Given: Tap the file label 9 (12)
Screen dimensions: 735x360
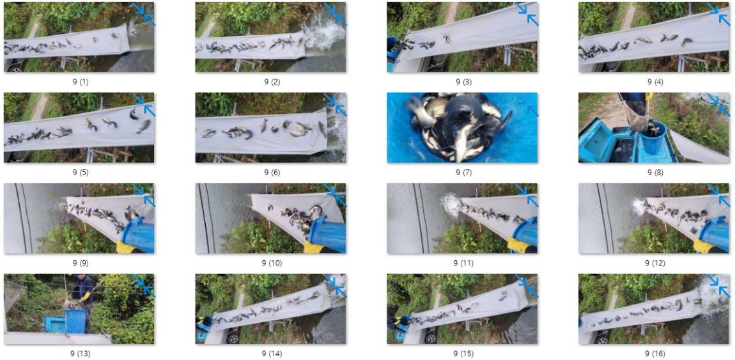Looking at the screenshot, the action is pyautogui.click(x=655, y=263).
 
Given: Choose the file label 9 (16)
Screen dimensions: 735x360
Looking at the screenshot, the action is pyautogui.click(x=655, y=354).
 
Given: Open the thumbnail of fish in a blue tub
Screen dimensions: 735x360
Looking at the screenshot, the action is pyautogui.click(x=462, y=127).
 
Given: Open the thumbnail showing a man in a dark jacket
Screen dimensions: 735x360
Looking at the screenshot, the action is pyautogui.click(x=79, y=309).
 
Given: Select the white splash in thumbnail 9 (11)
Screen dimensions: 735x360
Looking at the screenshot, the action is pyautogui.click(x=451, y=205).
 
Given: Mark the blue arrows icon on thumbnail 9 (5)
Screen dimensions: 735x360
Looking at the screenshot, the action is pyautogui.click(x=143, y=104).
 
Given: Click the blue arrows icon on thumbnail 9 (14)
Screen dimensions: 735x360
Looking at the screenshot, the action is pyautogui.click(x=335, y=285).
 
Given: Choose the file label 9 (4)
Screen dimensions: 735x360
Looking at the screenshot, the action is pyautogui.click(x=655, y=82).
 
